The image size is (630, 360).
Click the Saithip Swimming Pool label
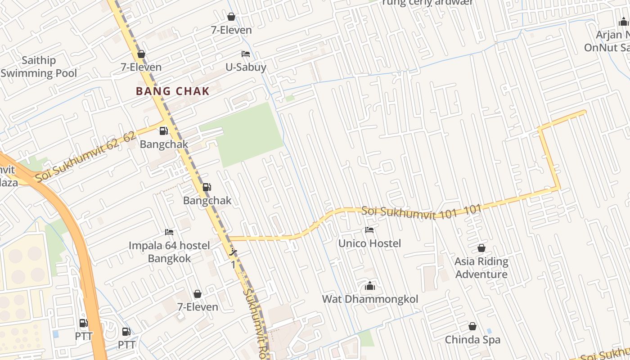pyautogui.click(x=39, y=67)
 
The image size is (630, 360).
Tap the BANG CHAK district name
pyautogui.click(x=173, y=91)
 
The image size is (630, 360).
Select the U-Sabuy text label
pyautogui.click(x=246, y=67)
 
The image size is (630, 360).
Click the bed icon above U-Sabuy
pyautogui.click(x=246, y=54)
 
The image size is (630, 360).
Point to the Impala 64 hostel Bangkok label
pyautogui.click(x=169, y=252)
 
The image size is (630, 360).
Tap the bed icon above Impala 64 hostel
pyautogui.click(x=169, y=232)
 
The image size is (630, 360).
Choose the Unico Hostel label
pyautogui.click(x=369, y=243)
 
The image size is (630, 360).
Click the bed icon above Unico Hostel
pyautogui.click(x=369, y=230)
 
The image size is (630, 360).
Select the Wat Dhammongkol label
pyautogui.click(x=370, y=299)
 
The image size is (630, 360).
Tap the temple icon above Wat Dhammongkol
pyautogui.click(x=370, y=286)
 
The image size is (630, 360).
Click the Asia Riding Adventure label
pyautogui.click(x=481, y=268)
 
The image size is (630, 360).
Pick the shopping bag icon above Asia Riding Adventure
pyautogui.click(x=481, y=248)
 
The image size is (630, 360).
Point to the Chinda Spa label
pyautogui.click(x=472, y=340)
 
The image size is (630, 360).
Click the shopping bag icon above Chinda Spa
pyautogui.click(x=472, y=326)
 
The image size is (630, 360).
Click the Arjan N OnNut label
pyautogui.click(x=607, y=41)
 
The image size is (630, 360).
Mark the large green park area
pyautogui.click(x=247, y=135)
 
